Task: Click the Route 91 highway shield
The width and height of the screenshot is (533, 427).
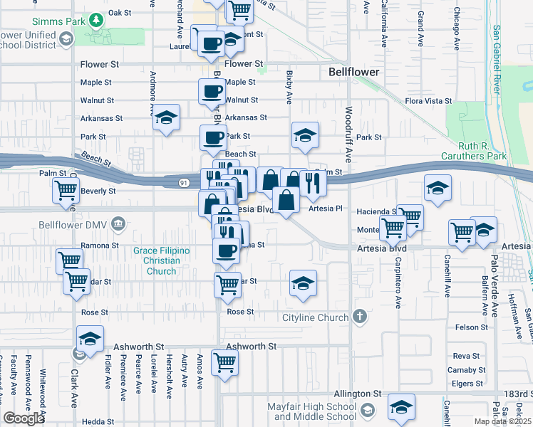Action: [184, 184]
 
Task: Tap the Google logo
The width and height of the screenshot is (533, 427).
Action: [24, 418]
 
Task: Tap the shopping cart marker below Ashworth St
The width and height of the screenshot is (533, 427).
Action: [225, 363]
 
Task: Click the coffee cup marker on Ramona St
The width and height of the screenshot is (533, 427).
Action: [227, 251]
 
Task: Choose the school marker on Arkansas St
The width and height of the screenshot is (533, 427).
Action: [166, 118]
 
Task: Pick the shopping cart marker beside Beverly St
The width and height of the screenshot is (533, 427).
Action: [66, 191]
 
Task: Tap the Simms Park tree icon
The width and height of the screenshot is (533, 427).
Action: [95, 20]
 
